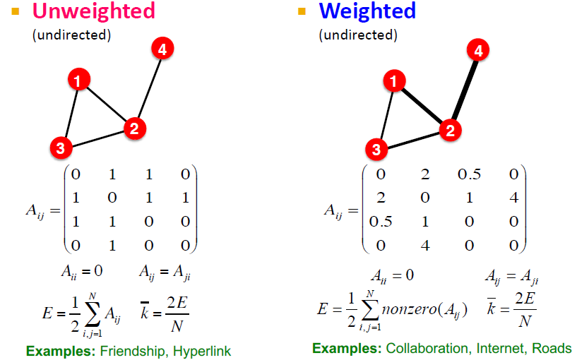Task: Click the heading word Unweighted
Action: pyautogui.click(x=93, y=11)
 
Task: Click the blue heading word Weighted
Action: pyautogui.click(x=367, y=11)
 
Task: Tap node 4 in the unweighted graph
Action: pyautogui.click(x=162, y=49)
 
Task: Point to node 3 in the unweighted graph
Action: pyautogui.click(x=61, y=148)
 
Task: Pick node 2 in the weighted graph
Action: pyautogui.click(x=448, y=130)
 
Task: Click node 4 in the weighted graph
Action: pyautogui.click(x=478, y=51)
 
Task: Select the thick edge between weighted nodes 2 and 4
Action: pyautogui.click(x=463, y=90)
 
